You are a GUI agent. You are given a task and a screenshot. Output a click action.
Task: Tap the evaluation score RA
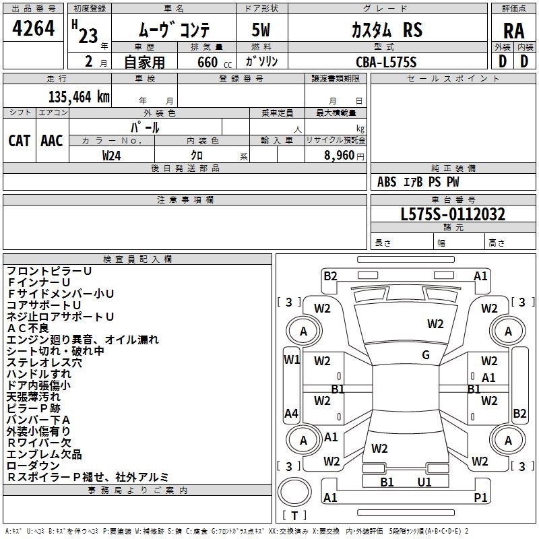point(513,30)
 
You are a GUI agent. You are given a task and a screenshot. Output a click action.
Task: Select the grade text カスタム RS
point(386,30)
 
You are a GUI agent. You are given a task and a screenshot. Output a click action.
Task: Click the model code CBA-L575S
point(386,62)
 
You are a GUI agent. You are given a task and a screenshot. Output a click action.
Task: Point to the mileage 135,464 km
point(79,96)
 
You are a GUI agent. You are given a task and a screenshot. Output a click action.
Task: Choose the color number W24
point(112,155)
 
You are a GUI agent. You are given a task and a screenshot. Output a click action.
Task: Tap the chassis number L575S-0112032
point(452,214)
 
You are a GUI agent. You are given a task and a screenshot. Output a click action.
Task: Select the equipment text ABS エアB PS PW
point(418,182)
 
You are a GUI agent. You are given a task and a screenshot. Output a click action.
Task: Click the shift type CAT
point(19,140)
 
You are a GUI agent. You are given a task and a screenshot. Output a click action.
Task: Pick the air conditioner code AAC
point(52,140)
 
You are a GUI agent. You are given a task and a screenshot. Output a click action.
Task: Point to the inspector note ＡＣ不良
point(28,328)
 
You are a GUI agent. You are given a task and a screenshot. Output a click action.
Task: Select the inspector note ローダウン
point(34,466)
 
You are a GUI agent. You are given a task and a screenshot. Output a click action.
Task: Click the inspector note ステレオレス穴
point(44,362)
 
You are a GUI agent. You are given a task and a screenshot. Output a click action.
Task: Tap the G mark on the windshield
point(426,355)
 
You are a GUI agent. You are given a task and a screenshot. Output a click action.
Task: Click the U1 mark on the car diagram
point(424,482)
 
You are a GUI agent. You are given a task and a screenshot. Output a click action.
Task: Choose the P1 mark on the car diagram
point(481,497)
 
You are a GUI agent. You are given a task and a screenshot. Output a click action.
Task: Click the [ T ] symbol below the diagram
point(294,515)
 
